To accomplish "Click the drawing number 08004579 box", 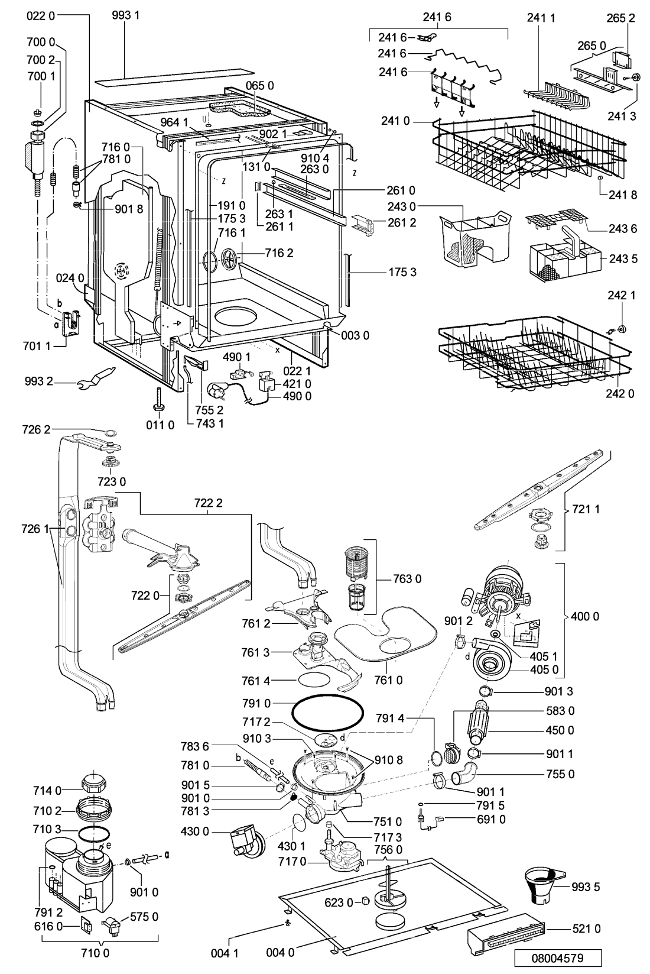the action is click(557, 957).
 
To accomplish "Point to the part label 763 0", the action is click(407, 578).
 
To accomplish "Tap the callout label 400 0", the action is click(584, 616).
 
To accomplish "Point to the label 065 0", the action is click(259, 86).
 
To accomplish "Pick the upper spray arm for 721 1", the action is click(538, 490).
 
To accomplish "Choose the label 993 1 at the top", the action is click(125, 15).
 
